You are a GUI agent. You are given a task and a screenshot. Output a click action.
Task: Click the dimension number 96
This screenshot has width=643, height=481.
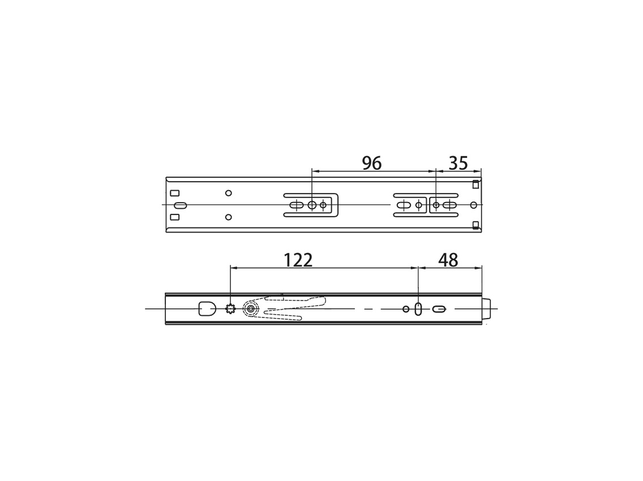[x=371, y=163]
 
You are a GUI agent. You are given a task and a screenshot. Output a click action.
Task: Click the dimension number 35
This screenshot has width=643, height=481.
[x=458, y=163]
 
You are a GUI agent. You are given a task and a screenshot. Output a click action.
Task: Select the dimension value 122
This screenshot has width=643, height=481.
[x=298, y=260]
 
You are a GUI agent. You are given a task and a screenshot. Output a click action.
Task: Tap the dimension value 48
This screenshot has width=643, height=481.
[x=448, y=260]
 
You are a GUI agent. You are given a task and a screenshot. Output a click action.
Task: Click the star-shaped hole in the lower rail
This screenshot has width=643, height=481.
[x=231, y=309]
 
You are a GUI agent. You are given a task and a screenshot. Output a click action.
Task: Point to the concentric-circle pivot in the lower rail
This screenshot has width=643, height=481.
[x=250, y=309]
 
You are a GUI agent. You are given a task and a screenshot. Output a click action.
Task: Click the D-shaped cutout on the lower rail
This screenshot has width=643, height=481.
[x=208, y=309]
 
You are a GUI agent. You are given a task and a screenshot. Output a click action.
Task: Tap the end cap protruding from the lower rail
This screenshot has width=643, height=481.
[x=486, y=309]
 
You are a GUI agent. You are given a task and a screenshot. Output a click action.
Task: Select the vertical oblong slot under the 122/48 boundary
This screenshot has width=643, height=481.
[x=418, y=309]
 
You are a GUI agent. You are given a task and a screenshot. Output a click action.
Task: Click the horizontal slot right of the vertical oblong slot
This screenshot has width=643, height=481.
[x=439, y=309]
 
